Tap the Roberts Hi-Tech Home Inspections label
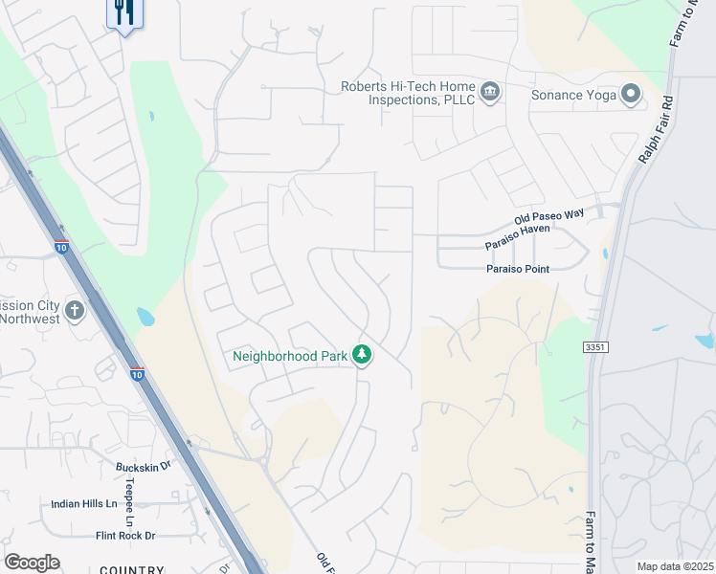pyautogui.click(x=409, y=93)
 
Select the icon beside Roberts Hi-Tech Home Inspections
pyautogui.click(x=490, y=92)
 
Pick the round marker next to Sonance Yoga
pyautogui.click(x=631, y=93)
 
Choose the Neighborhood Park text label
pyautogui.click(x=290, y=356)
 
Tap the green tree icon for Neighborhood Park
pyautogui.click(x=361, y=355)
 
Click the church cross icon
pyautogui.click(x=75, y=311)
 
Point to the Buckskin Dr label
pyautogui.click(x=143, y=466)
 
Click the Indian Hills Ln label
pyautogui.click(x=83, y=503)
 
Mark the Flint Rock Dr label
pyautogui.click(x=124, y=536)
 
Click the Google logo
pyautogui.click(x=32, y=563)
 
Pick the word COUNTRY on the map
pyautogui.click(x=132, y=569)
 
